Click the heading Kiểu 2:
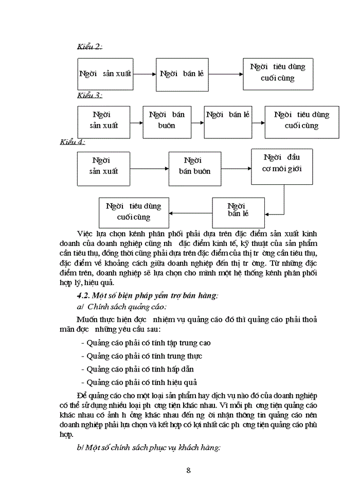click(89, 47)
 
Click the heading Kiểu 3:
click(89, 95)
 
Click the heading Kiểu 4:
click(73, 142)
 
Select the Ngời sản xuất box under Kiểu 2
click(105, 74)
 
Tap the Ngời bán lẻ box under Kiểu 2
click(182, 74)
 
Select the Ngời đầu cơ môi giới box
click(282, 166)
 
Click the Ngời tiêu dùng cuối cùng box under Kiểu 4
click(134, 211)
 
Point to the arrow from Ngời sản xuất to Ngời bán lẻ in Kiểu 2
click(145, 74)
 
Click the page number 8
click(188, 470)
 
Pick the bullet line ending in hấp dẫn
click(137, 369)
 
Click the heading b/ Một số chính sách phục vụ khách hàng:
click(148, 448)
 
